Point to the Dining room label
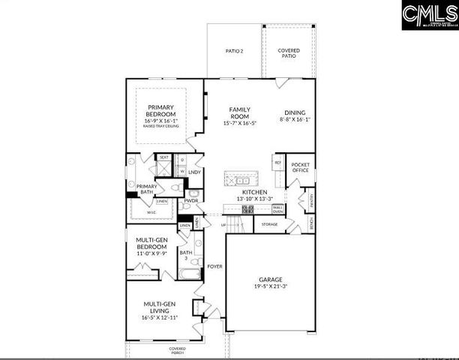[x=294, y=113]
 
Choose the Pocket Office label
[x=301, y=166]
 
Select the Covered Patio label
[x=289, y=52]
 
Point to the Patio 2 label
[x=235, y=51]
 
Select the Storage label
[x=269, y=223]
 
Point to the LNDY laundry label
[x=194, y=172]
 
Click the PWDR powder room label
[x=191, y=201]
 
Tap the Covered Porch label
[x=178, y=350]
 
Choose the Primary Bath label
[x=146, y=189]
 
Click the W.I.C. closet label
[x=151, y=212]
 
